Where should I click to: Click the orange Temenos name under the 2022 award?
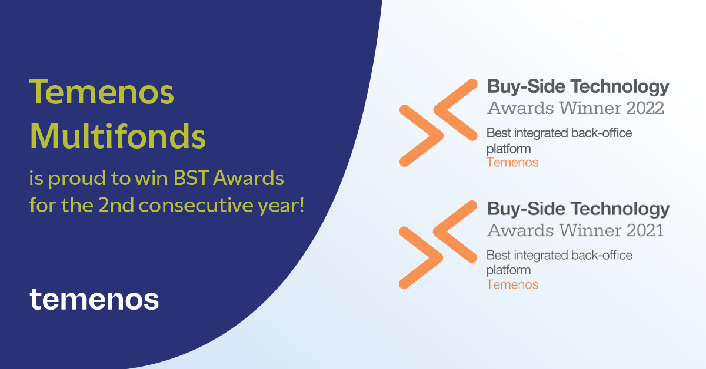coord(512,162)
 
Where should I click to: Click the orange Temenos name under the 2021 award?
coord(512,284)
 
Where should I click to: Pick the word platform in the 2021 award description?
coord(508,270)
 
